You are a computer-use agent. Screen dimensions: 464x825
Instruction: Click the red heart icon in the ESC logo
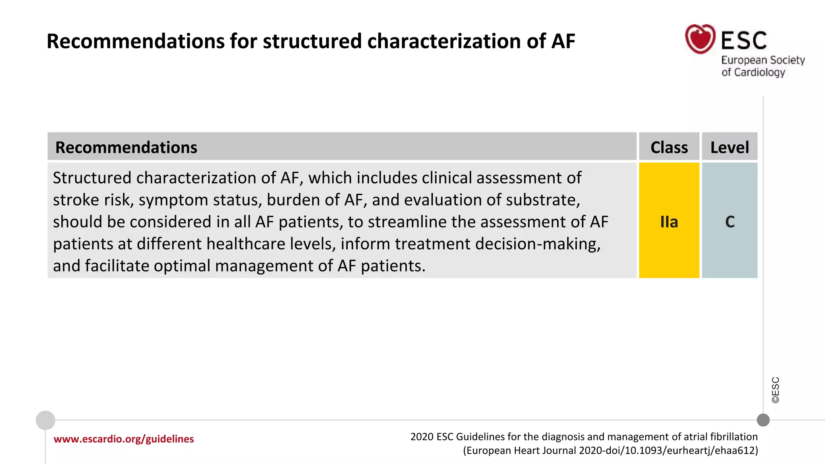coord(700,39)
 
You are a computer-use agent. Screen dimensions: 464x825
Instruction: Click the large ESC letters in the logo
coord(744,41)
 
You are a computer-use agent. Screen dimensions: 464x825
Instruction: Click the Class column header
coord(669,147)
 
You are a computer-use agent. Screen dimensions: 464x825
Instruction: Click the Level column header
coord(730,147)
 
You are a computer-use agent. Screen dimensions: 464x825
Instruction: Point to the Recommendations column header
coord(126,147)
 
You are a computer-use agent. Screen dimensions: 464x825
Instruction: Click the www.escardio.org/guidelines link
coord(124,439)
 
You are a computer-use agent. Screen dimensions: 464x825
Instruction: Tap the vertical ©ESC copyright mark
coord(775,390)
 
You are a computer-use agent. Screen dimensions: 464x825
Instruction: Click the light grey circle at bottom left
coord(46,420)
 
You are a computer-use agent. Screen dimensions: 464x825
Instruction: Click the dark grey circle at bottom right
coord(763,420)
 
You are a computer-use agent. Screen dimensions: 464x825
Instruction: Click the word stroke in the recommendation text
coord(76,200)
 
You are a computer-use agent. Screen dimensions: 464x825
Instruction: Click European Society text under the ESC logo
coord(763,60)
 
